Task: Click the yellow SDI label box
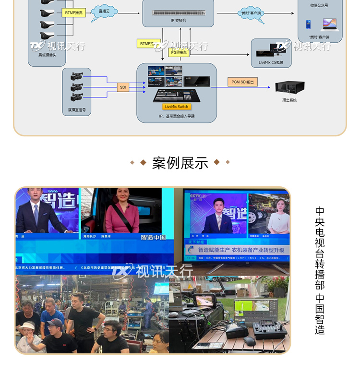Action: (x=123, y=87)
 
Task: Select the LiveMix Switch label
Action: (x=177, y=107)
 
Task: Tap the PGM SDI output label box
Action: (x=242, y=82)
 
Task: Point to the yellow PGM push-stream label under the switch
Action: (x=179, y=53)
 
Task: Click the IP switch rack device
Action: (x=178, y=12)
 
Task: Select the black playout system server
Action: (x=289, y=87)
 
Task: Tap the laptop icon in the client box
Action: (x=329, y=24)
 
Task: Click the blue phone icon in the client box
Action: (x=309, y=24)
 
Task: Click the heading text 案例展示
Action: (x=180, y=163)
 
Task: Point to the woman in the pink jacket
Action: (x=122, y=214)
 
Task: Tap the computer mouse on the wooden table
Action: (x=249, y=341)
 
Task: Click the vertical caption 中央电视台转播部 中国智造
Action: (x=320, y=270)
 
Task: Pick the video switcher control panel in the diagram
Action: (x=177, y=95)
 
